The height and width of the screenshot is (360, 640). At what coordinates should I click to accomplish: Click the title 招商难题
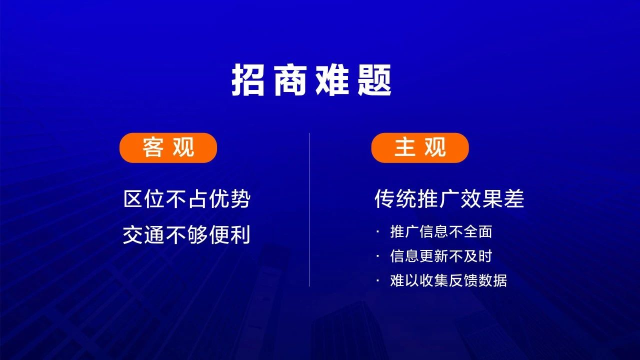tap(311, 79)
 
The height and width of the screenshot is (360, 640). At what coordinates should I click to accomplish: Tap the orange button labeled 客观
tap(168, 147)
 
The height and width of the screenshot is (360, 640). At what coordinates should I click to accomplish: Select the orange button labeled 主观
tap(420, 147)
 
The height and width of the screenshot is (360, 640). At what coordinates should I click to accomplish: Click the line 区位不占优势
tap(187, 199)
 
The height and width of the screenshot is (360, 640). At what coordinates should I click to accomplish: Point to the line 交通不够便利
tap(187, 234)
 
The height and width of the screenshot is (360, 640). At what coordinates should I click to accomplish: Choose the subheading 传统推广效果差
tap(449, 199)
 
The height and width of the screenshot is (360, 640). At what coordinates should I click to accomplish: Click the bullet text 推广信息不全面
tap(441, 231)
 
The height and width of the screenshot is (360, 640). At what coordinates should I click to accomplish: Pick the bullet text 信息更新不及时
tap(441, 256)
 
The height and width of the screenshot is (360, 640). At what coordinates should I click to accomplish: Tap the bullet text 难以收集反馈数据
tap(448, 280)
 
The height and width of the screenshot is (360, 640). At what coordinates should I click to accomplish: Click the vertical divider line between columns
tap(309, 209)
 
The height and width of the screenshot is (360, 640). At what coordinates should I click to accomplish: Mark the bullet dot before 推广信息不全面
tap(378, 232)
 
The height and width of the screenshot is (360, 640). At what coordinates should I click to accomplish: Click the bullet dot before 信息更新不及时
tap(378, 256)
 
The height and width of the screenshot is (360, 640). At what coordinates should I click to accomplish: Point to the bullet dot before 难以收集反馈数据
tap(378, 281)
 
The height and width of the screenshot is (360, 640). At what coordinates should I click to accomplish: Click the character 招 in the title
tap(247, 79)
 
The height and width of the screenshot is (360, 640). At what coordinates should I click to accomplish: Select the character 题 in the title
tap(374, 79)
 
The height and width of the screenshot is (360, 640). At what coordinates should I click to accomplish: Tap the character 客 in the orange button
tap(153, 147)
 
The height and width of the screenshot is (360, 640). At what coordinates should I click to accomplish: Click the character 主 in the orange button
tap(405, 147)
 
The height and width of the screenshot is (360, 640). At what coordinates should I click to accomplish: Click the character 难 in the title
tap(332, 79)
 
